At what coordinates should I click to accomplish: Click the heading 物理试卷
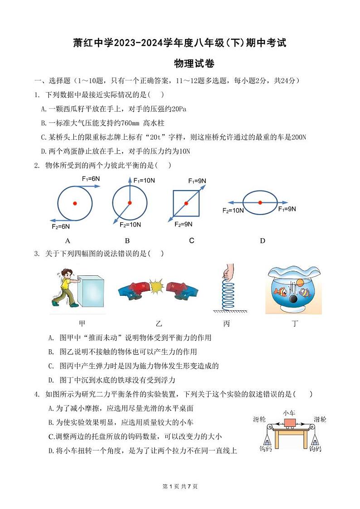tap(195, 64)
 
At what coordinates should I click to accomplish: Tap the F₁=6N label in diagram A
tap(91, 179)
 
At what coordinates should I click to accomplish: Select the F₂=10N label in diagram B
tap(130, 225)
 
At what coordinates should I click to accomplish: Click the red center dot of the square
tap(186, 203)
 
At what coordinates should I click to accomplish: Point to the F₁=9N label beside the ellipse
tap(287, 209)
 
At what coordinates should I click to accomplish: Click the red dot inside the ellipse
tap(260, 202)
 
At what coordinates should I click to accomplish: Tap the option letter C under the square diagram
tap(191, 241)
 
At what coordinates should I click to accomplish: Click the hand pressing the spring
tap(226, 273)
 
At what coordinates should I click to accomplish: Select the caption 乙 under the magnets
tap(158, 323)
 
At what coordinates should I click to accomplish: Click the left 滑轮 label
tap(259, 420)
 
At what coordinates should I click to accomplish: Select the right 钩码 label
tap(316, 449)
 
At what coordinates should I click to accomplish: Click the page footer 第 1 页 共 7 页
tap(180, 486)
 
